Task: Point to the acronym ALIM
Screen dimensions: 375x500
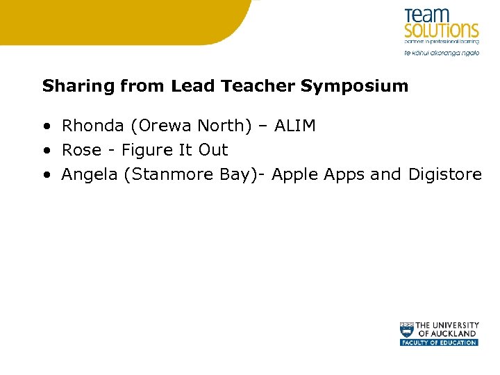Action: coord(294,126)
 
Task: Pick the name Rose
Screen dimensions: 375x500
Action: coord(81,150)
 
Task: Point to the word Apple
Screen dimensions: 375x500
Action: coord(294,174)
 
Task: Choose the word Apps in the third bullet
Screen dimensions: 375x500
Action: coord(344,174)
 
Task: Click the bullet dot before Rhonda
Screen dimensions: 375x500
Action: coord(46,126)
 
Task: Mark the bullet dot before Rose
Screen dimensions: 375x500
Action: coord(46,151)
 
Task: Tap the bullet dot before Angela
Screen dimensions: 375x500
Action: coord(46,175)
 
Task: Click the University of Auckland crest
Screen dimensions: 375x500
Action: coord(407,329)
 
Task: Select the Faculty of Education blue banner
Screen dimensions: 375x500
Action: coord(439,342)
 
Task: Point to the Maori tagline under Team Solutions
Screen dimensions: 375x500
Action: coord(442,53)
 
